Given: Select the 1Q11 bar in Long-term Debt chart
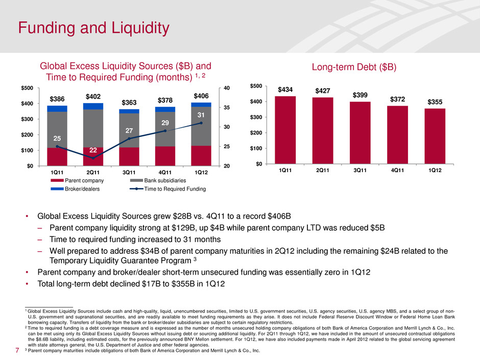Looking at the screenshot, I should tap(285, 130).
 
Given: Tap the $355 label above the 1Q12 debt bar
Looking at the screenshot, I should tap(435, 103).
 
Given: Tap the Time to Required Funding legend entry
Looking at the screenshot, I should tap(167, 189).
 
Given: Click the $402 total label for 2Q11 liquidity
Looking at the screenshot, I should tap(93, 96).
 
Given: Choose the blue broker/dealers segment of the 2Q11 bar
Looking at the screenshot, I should tap(93, 106).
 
